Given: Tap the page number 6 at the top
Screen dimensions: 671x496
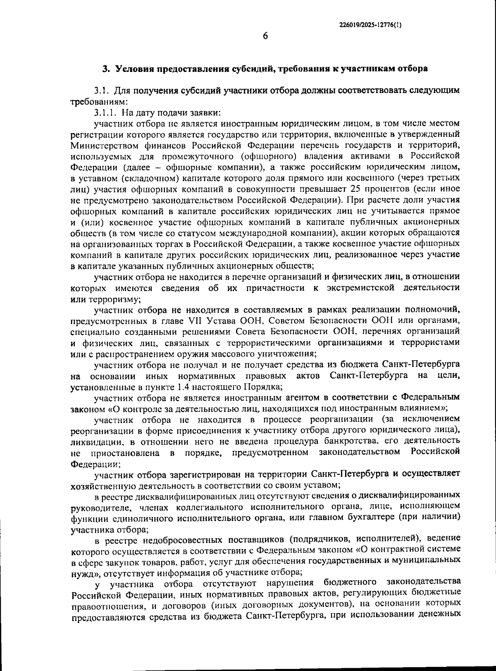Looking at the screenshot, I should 265,36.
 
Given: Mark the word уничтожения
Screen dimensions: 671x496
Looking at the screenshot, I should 289,353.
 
